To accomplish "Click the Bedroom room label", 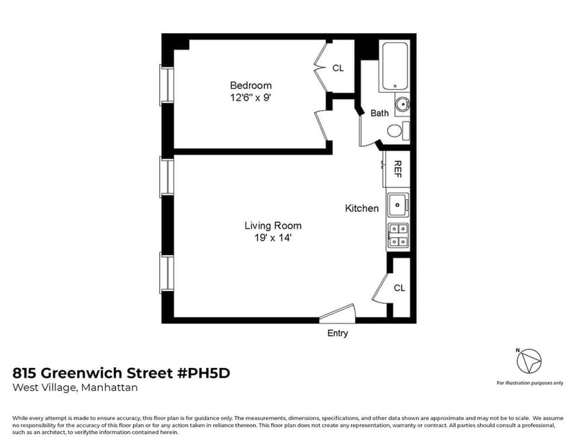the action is tap(251, 86).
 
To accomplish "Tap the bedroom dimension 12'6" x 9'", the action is tap(251, 98).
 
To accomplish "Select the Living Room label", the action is tap(273, 226).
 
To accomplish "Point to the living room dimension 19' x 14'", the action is tap(273, 238).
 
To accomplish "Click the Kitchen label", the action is tap(362, 208).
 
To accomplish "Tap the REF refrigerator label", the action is tap(397, 169).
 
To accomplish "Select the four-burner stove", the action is tap(398, 236).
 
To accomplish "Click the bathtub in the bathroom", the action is tap(395, 66).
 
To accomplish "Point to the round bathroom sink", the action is tap(402, 104).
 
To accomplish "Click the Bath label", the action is tap(379, 113).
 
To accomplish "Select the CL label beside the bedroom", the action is tap(338, 68).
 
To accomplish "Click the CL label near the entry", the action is tap(400, 288).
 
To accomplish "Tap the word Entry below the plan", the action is tap(338, 333).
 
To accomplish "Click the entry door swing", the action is tap(337, 313).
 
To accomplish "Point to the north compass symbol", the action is tap(529, 361).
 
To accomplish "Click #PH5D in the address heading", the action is tap(204, 373).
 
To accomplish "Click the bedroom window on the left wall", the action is tap(166, 85).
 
